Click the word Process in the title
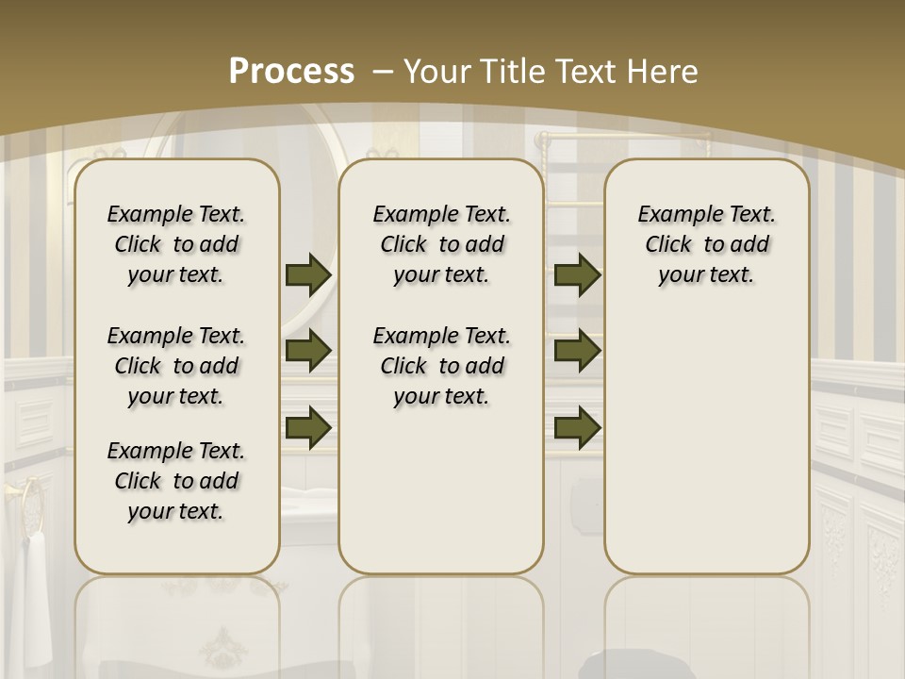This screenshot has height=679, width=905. tap(292, 71)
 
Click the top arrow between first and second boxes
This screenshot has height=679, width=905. tap(308, 275)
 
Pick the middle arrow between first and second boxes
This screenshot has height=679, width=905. tap(308, 351)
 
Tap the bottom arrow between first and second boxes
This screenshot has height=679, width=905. tap(308, 427)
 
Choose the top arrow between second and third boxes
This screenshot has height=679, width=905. tap(577, 275)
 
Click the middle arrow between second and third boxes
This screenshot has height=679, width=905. tap(577, 351)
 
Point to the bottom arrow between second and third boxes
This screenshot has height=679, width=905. tap(577, 427)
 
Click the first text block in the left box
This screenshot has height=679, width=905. tap(176, 244)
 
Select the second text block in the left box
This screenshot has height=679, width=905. tap(176, 366)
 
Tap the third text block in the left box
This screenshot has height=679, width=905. tap(176, 481)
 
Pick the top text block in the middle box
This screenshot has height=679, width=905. tap(442, 244)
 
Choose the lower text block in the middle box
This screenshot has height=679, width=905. tap(442, 366)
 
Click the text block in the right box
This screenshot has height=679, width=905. tap(707, 244)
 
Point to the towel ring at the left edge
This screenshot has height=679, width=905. tap(34, 505)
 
